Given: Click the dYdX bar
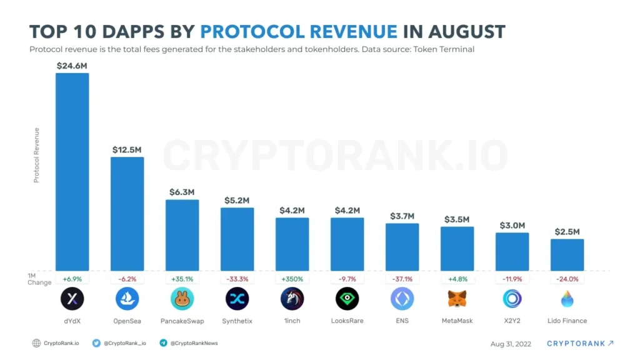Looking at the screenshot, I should (72, 172).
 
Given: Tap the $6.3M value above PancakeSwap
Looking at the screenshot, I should (182, 192).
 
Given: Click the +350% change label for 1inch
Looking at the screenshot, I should (292, 279).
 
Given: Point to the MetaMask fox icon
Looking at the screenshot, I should (457, 299).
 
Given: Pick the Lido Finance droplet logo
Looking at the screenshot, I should (567, 299).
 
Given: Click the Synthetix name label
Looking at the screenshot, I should (237, 321).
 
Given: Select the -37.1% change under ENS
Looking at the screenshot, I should (402, 279).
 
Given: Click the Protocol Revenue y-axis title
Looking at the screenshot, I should (36, 155).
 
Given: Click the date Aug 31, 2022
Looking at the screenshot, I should (511, 343).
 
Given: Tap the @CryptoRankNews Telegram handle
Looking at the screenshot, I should (194, 343).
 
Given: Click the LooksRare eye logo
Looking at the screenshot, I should (347, 299).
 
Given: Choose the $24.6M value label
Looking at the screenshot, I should (72, 65).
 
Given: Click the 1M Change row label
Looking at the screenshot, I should (39, 279).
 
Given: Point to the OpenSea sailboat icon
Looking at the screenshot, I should (127, 299).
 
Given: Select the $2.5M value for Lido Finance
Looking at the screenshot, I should (567, 232).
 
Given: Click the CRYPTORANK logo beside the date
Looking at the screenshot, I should (579, 343).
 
